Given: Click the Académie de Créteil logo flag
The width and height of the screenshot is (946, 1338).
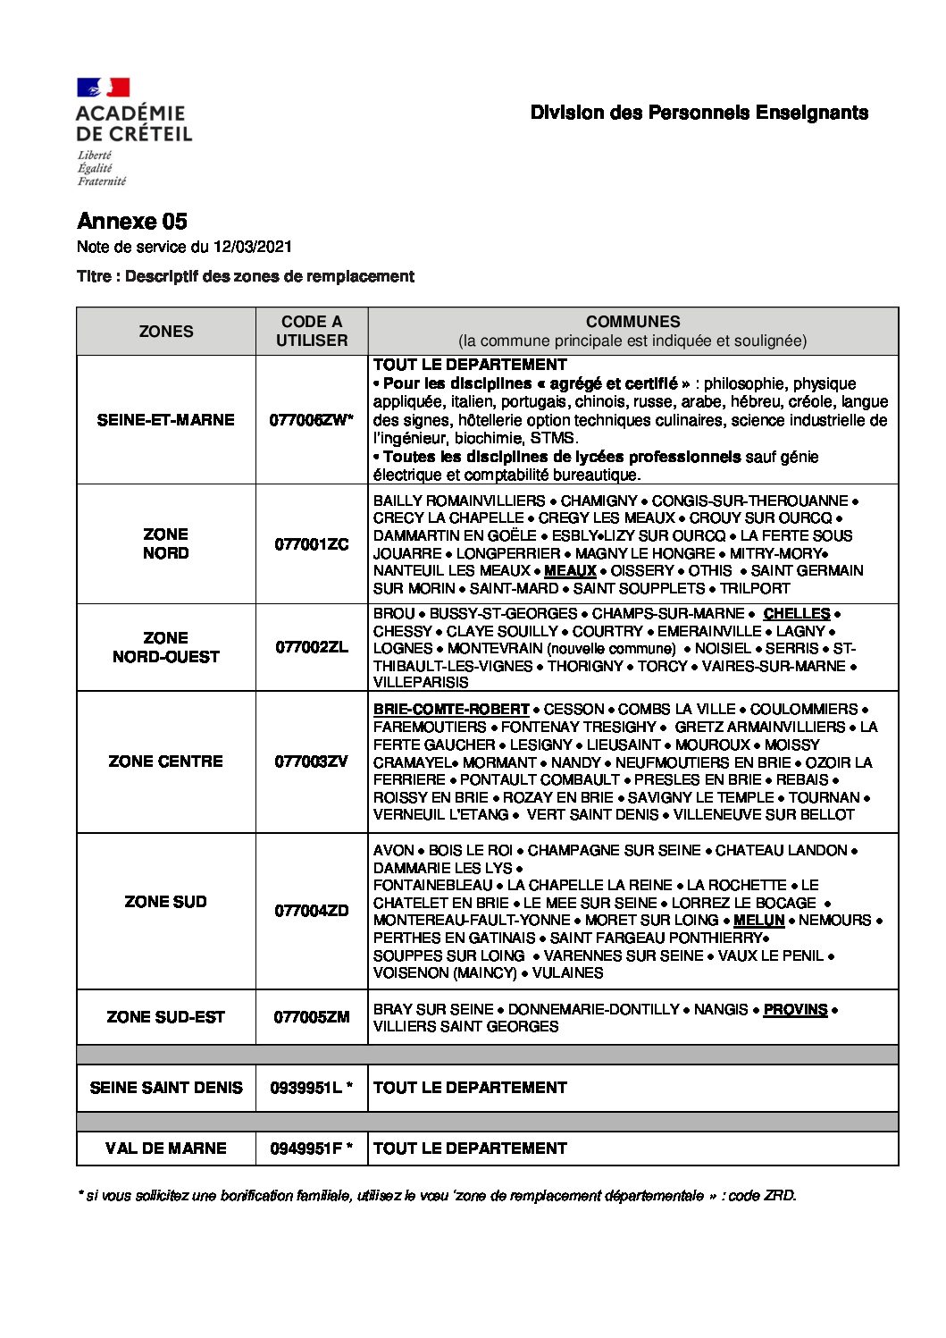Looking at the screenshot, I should click(104, 88).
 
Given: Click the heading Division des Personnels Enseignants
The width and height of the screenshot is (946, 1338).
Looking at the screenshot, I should click(699, 113).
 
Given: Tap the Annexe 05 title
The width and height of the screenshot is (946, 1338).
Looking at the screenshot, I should click(132, 222).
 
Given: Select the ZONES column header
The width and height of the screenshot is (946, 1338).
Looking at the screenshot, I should click(166, 332).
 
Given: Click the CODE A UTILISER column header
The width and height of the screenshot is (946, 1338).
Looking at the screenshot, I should click(312, 332).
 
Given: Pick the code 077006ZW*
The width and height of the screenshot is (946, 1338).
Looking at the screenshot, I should click(312, 420).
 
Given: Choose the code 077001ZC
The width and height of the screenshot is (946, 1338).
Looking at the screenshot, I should click(312, 544).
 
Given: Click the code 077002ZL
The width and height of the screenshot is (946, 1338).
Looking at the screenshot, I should click(312, 647).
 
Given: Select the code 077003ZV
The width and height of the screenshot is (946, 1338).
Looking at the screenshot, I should click(312, 762).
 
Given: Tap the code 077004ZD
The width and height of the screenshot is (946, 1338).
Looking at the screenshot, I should click(312, 911).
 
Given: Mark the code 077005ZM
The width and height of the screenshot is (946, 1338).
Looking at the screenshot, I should click(312, 1017).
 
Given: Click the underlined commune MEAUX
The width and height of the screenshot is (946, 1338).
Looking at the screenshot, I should click(570, 571).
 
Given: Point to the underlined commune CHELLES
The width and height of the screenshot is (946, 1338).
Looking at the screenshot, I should click(797, 614).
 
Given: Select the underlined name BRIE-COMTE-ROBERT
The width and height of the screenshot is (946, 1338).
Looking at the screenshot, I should click(451, 710).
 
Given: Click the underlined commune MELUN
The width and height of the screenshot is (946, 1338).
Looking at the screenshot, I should click(758, 921).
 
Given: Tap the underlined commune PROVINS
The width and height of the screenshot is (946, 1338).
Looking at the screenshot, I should click(795, 1010).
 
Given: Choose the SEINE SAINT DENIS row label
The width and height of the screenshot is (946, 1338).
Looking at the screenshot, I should click(166, 1088).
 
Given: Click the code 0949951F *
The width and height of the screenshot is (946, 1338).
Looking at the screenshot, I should click(312, 1149).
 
